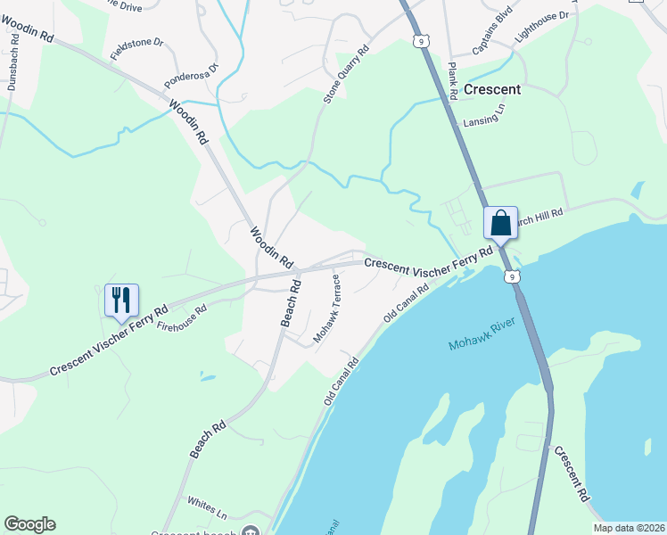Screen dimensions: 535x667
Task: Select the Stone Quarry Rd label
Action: [x=346, y=76]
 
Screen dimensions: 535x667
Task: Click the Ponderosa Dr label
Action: [x=191, y=77]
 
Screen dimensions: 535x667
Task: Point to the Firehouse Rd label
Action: [x=182, y=318]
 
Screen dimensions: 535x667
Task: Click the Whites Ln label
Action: [x=208, y=509]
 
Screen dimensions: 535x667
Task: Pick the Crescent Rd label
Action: [x=572, y=473]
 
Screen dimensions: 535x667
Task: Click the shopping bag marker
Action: [x=500, y=223]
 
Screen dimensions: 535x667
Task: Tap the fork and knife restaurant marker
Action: [x=121, y=300]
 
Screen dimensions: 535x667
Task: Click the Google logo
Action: [x=29, y=524]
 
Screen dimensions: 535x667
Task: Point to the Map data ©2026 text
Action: [x=628, y=528]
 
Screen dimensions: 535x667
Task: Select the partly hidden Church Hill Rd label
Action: [x=540, y=216]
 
